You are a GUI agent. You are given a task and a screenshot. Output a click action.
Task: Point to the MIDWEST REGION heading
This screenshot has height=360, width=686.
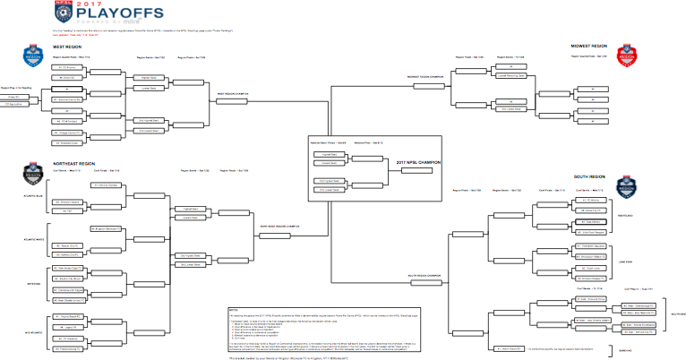click(589, 46)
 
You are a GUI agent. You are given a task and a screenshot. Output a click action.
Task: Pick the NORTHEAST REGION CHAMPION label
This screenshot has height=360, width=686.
click(280, 226)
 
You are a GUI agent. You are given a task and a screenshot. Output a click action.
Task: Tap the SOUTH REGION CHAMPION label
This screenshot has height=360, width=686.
click(424, 275)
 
